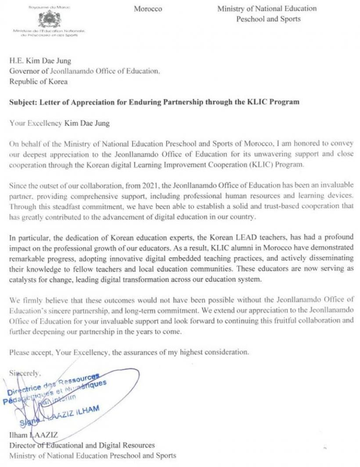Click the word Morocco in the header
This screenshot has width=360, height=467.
pos(148,9)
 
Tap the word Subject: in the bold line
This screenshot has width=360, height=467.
pos(22,102)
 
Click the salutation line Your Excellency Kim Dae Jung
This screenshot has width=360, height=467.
pos(59,123)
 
